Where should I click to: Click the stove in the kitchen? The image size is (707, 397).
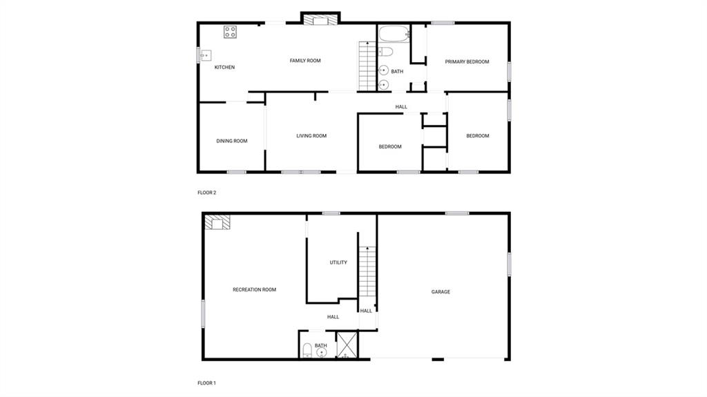pyautogui.click(x=230, y=32)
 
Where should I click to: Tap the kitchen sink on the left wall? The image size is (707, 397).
pyautogui.click(x=206, y=55)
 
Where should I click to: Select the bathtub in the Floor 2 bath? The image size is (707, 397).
pyautogui.click(x=394, y=34)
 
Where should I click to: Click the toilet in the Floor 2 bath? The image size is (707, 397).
pyautogui.click(x=385, y=52)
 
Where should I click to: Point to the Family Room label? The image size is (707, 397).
pyautogui.click(x=305, y=61)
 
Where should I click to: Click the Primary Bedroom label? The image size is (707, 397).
pyautogui.click(x=467, y=62)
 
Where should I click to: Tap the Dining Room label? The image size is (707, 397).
pyautogui.click(x=232, y=141)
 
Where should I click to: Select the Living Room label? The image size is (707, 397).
pyautogui.click(x=311, y=136)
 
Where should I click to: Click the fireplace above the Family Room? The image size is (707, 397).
pyautogui.click(x=320, y=20)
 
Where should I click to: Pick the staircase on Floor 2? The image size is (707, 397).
pyautogui.click(x=367, y=66)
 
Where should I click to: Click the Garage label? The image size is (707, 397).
pyautogui.click(x=440, y=292)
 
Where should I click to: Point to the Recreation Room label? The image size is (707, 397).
pyautogui.click(x=254, y=289)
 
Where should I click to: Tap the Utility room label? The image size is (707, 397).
pyautogui.click(x=338, y=262)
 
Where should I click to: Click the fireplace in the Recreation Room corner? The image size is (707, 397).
pyautogui.click(x=217, y=222)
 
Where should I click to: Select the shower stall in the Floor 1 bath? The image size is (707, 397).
pyautogui.click(x=347, y=345)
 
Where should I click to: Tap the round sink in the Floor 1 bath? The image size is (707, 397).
pyautogui.click(x=322, y=352)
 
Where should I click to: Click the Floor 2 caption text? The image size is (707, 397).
pyautogui.click(x=207, y=193)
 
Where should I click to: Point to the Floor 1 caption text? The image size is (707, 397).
pyautogui.click(x=206, y=383)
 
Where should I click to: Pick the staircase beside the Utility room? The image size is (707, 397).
pyautogui.click(x=367, y=271)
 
